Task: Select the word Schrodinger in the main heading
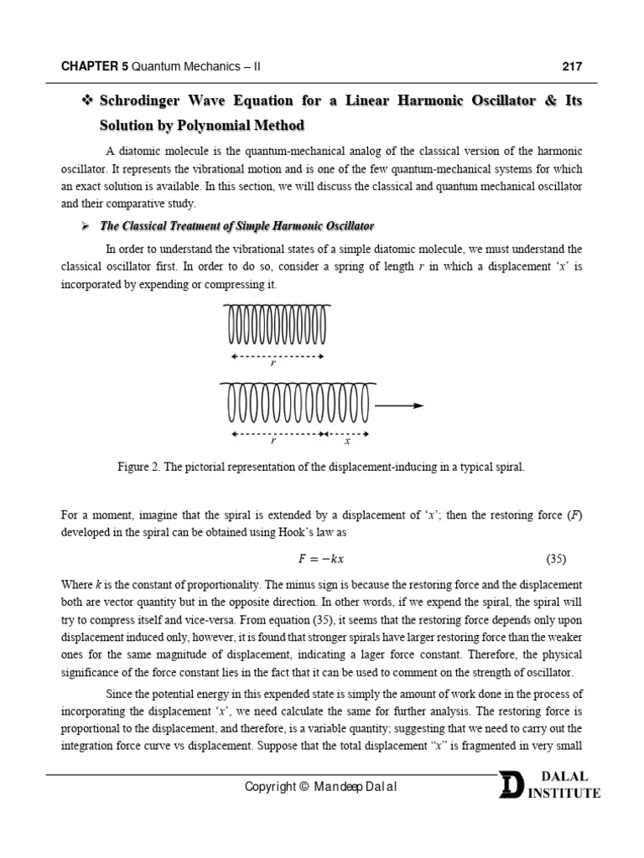144,101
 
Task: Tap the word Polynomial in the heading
215,126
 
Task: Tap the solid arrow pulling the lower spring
399,406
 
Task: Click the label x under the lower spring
347,442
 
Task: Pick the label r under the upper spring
273,364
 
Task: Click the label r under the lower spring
273,442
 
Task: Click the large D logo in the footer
511,786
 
